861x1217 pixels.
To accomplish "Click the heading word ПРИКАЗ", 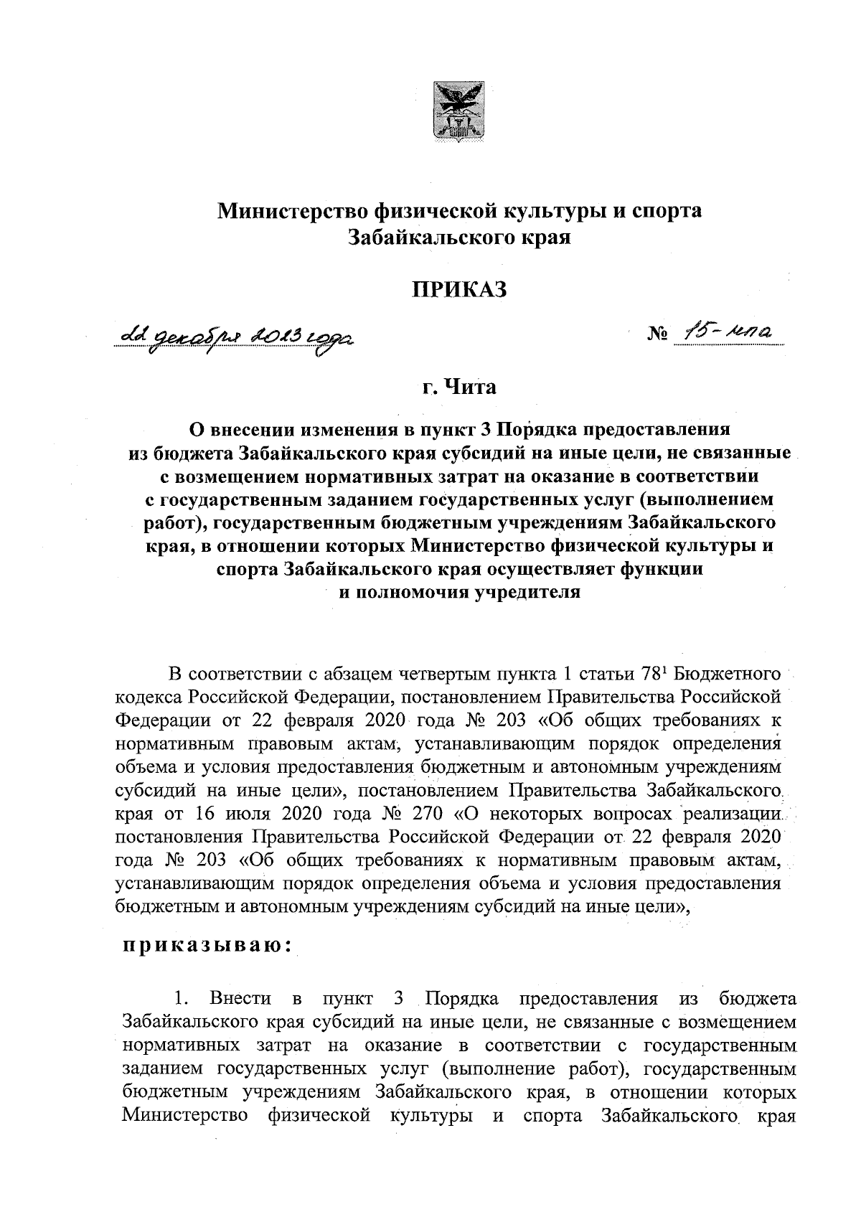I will [x=459, y=289].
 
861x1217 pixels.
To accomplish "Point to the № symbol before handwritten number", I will [x=658, y=334].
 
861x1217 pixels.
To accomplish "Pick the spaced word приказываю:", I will [x=206, y=946].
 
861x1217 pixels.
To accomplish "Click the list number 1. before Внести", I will [x=182, y=998].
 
